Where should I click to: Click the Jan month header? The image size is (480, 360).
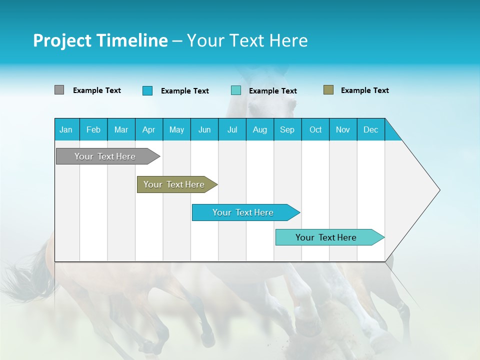(x=66, y=129)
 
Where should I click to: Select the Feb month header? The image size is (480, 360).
(x=93, y=129)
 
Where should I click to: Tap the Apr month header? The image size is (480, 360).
(x=148, y=129)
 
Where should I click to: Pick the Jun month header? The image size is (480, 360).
(x=204, y=129)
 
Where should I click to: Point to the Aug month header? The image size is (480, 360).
(x=259, y=129)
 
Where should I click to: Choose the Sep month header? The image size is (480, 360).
(x=287, y=129)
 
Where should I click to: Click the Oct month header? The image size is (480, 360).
(x=315, y=129)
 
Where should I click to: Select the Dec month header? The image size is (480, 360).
(x=370, y=129)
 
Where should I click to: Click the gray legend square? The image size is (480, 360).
(x=59, y=90)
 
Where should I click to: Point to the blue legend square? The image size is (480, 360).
(x=147, y=90)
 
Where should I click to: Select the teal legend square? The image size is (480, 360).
(x=236, y=90)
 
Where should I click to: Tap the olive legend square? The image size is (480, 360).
(x=328, y=90)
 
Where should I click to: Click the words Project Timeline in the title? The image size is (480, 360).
(x=100, y=40)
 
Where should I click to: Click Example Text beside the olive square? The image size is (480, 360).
(x=364, y=90)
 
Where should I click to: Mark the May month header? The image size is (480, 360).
(x=176, y=129)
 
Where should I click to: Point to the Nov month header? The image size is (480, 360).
(x=343, y=129)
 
